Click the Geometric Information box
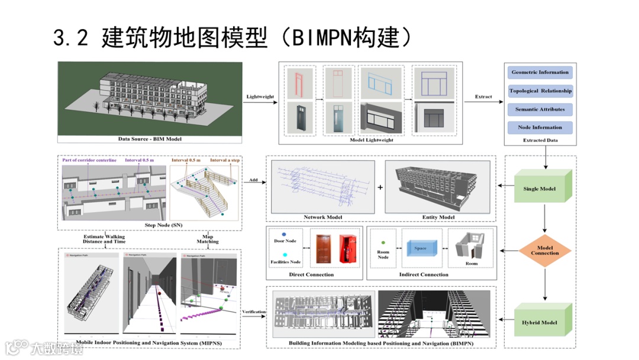(x=540, y=72)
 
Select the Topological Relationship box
(x=540, y=91)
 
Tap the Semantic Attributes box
(x=540, y=110)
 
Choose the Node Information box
(x=540, y=127)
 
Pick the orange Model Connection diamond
(x=545, y=250)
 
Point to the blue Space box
(x=421, y=248)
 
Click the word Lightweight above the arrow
(x=260, y=97)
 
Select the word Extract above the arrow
(x=483, y=97)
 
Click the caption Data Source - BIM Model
(x=150, y=139)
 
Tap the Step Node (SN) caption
(x=150, y=226)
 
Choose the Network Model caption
(x=322, y=217)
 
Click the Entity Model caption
(x=438, y=217)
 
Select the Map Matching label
(x=208, y=239)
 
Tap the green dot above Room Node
(x=383, y=242)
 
